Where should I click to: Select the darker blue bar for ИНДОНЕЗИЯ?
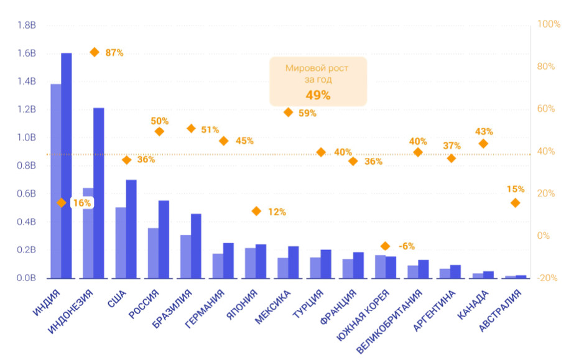coord(99,193)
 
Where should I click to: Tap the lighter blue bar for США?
coord(121,242)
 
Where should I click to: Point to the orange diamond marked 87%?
coord(95,52)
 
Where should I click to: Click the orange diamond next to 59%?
coord(288,113)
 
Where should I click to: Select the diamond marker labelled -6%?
coord(385,246)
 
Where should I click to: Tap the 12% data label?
coord(277,212)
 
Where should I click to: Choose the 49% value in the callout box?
coord(318,95)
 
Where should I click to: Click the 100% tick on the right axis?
coord(549,25)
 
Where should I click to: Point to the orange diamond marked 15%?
coord(515,203)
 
